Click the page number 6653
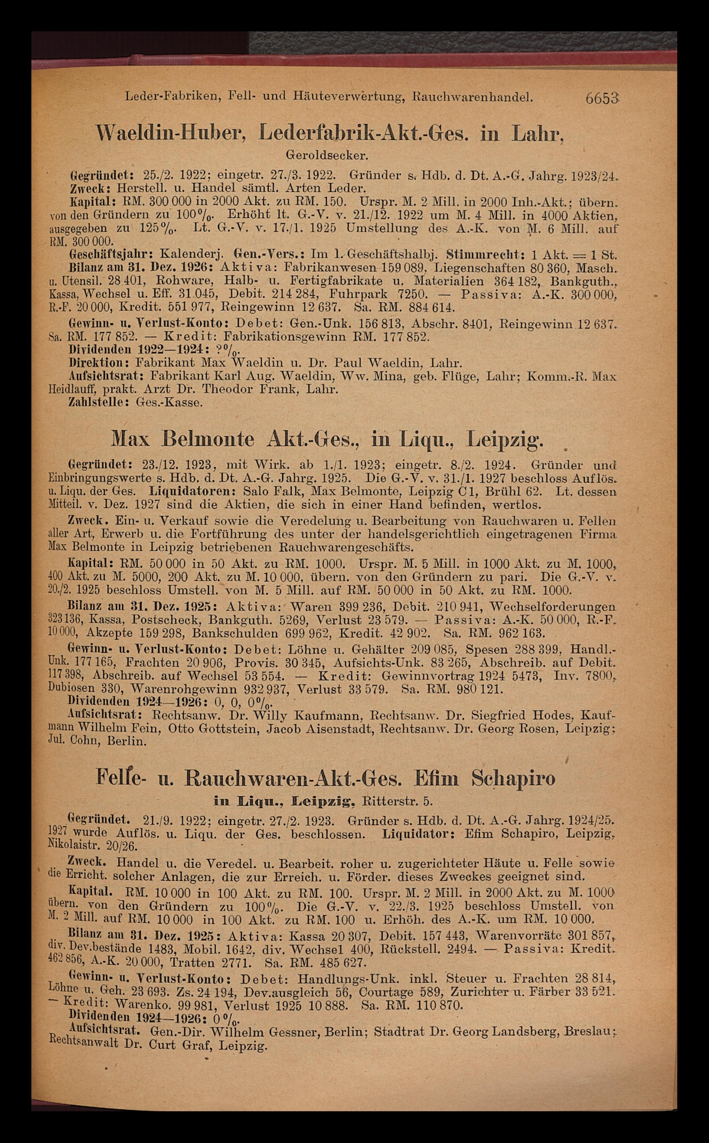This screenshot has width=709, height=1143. pos(602,99)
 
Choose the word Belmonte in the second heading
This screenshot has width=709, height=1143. pos(208,440)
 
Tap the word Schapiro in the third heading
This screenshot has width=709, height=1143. pos(513,778)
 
